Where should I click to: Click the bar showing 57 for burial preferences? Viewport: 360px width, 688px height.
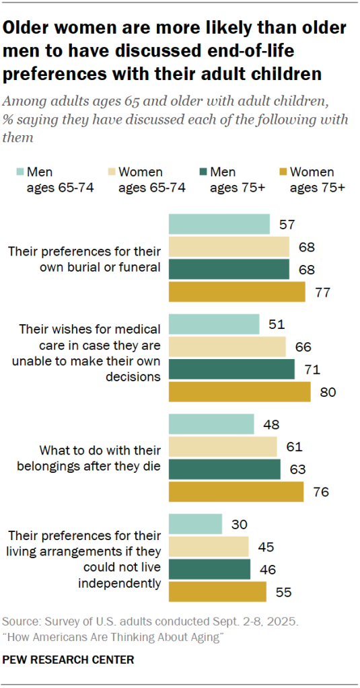click(x=219, y=225)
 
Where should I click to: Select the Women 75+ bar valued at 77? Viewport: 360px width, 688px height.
click(x=236, y=292)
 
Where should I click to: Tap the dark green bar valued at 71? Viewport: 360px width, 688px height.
click(x=231, y=369)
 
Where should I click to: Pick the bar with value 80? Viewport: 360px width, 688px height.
click(x=239, y=391)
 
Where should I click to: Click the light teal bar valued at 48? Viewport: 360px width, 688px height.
click(x=211, y=424)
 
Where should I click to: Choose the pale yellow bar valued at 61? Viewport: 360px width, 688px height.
click(x=222, y=447)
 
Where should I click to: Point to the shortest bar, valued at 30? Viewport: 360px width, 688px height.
click(x=194, y=525)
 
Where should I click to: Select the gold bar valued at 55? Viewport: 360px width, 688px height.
click(x=217, y=592)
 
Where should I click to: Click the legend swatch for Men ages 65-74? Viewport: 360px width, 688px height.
click(x=19, y=172)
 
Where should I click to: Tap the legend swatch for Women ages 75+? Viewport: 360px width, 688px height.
click(x=282, y=172)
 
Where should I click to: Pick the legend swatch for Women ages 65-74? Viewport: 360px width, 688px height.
click(x=110, y=172)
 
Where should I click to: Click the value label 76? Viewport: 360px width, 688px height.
click(x=320, y=492)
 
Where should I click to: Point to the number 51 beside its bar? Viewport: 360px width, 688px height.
click(x=275, y=325)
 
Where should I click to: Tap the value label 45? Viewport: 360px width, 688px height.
click(x=264, y=547)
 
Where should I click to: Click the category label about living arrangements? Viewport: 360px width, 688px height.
click(x=84, y=558)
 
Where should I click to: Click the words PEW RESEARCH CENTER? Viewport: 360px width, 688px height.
click(x=68, y=660)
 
